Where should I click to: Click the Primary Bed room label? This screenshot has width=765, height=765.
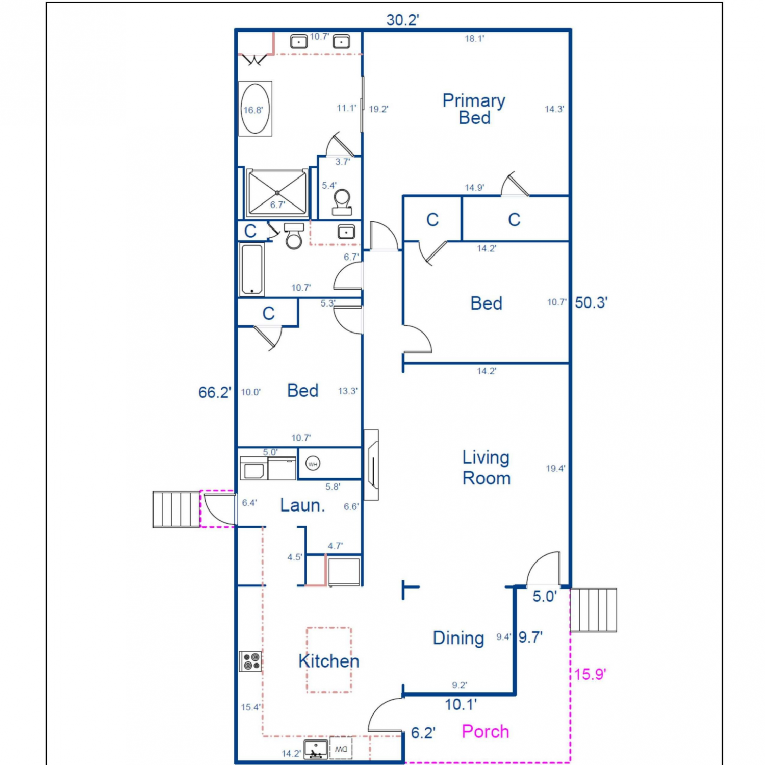pyautogui.click(x=474, y=109)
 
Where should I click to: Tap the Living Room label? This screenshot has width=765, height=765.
pyautogui.click(x=486, y=468)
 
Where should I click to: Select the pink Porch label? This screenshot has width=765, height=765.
pyautogui.click(x=486, y=732)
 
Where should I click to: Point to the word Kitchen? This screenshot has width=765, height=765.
pyautogui.click(x=329, y=661)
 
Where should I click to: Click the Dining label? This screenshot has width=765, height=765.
pyautogui.click(x=458, y=638)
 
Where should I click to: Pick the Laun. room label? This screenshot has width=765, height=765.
pyautogui.click(x=302, y=505)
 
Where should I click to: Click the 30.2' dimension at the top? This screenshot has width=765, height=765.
pyautogui.click(x=402, y=20)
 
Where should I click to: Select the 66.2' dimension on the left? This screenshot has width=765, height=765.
pyautogui.click(x=215, y=392)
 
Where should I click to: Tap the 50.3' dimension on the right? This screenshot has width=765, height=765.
pyautogui.click(x=591, y=302)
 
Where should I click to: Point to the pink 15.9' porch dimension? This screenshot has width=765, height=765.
pyautogui.click(x=590, y=674)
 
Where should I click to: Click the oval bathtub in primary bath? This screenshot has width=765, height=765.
pyautogui.click(x=255, y=109)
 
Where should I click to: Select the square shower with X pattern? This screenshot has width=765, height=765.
pyautogui.click(x=277, y=193)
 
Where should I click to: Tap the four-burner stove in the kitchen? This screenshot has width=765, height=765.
pyautogui.click(x=250, y=661)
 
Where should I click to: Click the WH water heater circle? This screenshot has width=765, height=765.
pyautogui.click(x=313, y=464)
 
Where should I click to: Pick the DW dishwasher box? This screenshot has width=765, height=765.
pyautogui.click(x=341, y=749)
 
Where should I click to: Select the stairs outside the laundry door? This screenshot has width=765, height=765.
pyautogui.click(x=176, y=509)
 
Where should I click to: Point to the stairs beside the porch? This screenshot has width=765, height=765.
pyautogui.click(x=593, y=610)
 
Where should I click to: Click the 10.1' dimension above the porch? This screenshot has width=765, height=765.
pyautogui.click(x=461, y=705)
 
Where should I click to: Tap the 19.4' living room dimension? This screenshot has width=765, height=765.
pyautogui.click(x=555, y=468)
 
